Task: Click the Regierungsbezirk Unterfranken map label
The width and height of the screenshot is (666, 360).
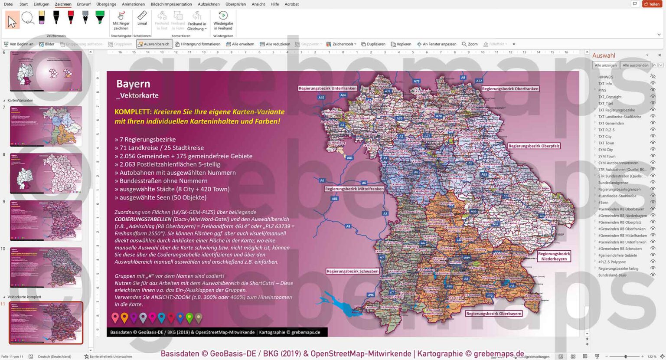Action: coord(327,88)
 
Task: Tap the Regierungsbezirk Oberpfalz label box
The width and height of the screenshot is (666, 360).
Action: coord(534,146)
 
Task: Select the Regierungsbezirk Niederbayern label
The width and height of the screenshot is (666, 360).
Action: coord(554,256)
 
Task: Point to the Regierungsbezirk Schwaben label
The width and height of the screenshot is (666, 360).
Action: coord(352,271)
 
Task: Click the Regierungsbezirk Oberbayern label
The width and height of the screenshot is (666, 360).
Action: coord(493,313)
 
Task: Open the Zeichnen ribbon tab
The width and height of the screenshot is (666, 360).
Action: coord(63,4)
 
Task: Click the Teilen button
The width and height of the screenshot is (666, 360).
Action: coord(652,4)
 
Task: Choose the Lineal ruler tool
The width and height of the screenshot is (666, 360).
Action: coord(142,19)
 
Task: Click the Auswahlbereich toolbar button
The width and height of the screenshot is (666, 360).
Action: coord(153,44)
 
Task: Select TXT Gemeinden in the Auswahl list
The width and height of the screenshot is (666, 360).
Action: coord(611,123)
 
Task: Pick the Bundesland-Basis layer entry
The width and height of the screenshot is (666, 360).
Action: coord(612,275)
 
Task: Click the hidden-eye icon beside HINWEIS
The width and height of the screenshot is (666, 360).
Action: coord(653,77)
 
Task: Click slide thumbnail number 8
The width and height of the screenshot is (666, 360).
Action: coord(46,173)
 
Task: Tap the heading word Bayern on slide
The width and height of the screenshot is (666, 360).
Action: coord(133,84)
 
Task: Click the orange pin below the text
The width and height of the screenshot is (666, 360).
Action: coord(124,318)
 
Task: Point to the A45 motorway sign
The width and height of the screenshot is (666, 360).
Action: coord(321,98)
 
